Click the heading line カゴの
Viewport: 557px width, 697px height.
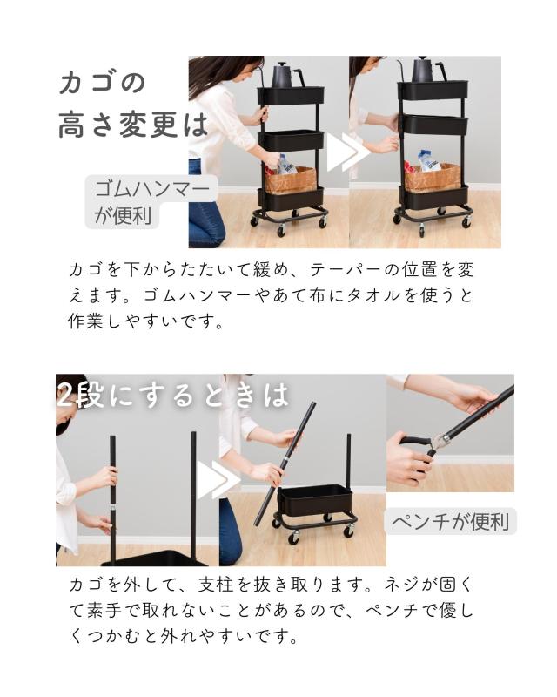coord(102,82)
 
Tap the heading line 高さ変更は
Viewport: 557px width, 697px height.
coord(133,125)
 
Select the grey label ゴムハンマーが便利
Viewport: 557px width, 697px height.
coord(151,202)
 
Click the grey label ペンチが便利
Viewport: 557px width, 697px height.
coord(452,521)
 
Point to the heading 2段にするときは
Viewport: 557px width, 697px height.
coord(173,395)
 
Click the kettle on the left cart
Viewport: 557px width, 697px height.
coord(284,75)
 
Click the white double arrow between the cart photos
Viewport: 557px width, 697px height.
coord(349,152)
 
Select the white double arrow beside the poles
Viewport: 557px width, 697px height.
coord(218,480)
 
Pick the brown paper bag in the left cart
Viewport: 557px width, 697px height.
coord(292,180)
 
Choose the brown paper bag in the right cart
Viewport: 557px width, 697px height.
coord(432,178)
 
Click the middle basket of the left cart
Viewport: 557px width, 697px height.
coord(292,140)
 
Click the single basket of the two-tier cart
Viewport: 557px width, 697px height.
coord(315,499)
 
